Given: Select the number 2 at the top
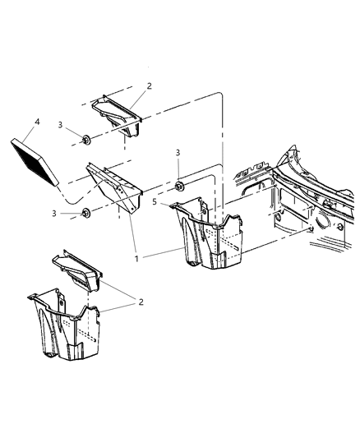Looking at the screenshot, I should point(148,85).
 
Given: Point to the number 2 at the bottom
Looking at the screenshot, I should point(141,302).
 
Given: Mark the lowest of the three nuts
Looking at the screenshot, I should point(85,214).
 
